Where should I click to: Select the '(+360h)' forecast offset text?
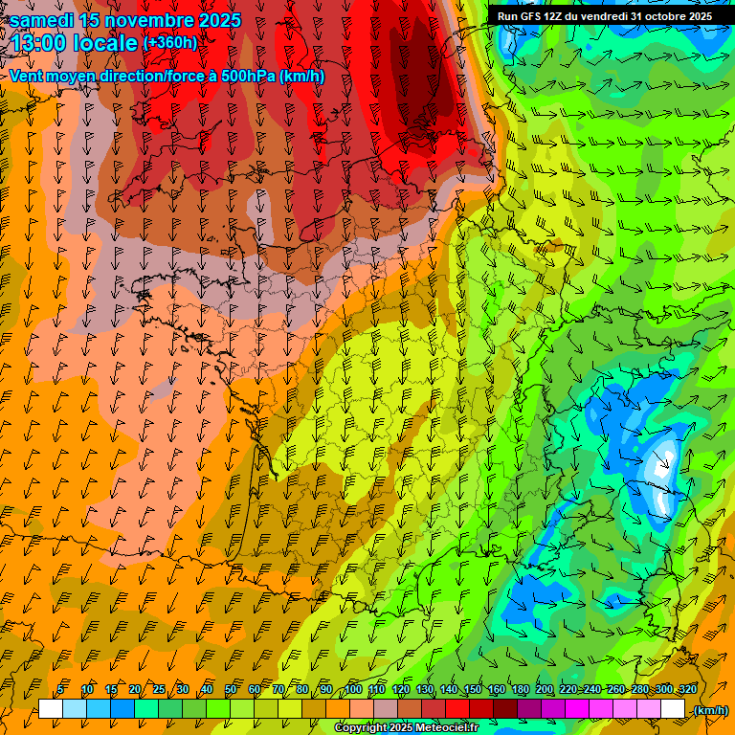click(x=169, y=42)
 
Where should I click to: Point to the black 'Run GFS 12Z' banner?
click(x=603, y=15)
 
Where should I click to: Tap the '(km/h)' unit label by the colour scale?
click(x=709, y=710)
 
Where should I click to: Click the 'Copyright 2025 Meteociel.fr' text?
click(x=407, y=728)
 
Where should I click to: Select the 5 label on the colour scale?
click(x=60, y=689)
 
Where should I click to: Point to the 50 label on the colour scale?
click(x=230, y=689)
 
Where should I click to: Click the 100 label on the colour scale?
click(x=353, y=689)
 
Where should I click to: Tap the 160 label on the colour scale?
click(x=497, y=689)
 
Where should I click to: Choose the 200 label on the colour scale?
click(x=545, y=689)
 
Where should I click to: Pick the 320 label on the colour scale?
click(x=686, y=689)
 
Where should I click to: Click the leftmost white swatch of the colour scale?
click(x=51, y=709)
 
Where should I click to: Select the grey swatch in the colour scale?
click(x=386, y=709)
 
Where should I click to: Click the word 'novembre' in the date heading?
click(x=145, y=20)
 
